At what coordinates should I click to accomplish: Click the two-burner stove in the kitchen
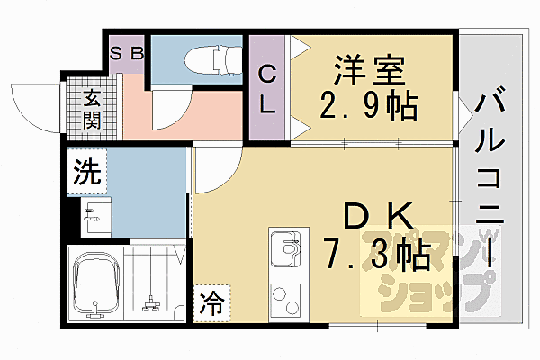[285, 301]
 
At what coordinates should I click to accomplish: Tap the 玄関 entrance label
[91, 109]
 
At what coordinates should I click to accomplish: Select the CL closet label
[267, 88]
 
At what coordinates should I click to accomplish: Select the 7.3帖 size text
[377, 256]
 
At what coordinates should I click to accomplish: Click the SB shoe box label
[126, 52]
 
